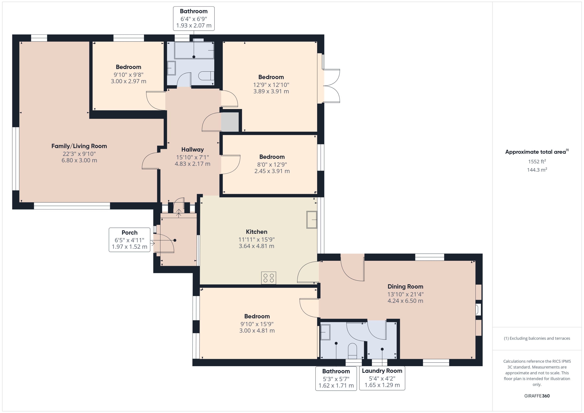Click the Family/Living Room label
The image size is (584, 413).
click(79, 146)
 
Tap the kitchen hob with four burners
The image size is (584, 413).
click(268, 278)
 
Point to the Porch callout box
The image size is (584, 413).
click(129, 240)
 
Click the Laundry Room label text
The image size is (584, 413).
click(382, 371)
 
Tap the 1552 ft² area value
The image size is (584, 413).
click(537, 162)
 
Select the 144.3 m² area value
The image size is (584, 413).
click(537, 170)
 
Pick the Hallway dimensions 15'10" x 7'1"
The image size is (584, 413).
click(192, 157)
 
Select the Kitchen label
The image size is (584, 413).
click(256, 232)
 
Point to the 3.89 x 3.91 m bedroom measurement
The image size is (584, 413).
click(271, 91)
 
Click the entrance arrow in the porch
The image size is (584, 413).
click(179, 213)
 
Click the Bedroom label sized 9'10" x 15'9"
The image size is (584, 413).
click(257, 316)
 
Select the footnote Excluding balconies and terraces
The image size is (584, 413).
click(537, 338)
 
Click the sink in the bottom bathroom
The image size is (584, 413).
click(325, 332)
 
